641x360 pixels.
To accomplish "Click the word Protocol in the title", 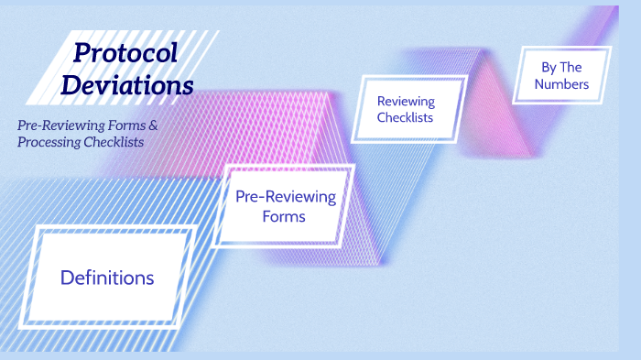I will point(125,54).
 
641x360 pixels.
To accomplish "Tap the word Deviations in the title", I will point(136,85).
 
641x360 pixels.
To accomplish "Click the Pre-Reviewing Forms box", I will point(285,207).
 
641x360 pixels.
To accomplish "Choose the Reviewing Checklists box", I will point(406,109).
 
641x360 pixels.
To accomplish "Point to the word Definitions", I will point(107,278).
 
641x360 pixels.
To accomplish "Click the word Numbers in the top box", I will point(563,87).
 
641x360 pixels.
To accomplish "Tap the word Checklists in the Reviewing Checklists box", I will point(406,117).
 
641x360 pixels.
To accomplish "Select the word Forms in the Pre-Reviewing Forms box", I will point(284,217).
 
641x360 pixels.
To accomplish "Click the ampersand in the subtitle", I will point(166,124).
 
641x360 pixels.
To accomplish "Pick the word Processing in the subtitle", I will point(48,142).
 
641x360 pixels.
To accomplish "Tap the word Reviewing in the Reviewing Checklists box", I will point(406,101).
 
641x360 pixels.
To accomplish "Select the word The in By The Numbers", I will point(570,68).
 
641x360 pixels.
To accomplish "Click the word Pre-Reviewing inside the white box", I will point(286,197).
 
